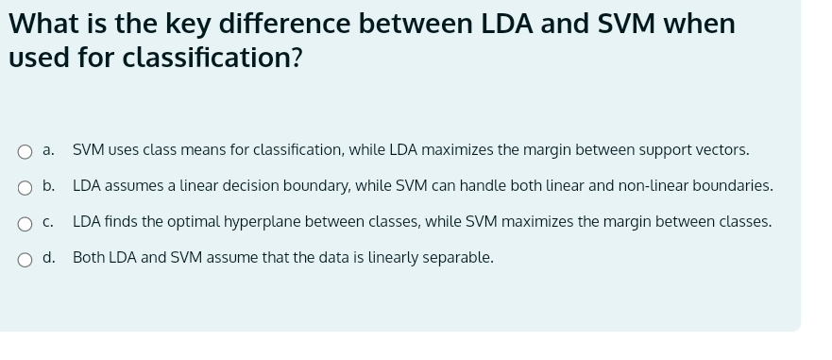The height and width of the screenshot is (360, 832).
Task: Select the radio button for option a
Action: pyautogui.click(x=25, y=151)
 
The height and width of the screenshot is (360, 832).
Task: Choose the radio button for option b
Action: pyautogui.click(x=25, y=187)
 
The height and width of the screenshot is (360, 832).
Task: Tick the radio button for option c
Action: pyautogui.click(x=25, y=223)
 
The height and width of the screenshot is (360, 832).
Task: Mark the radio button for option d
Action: pyautogui.click(x=25, y=259)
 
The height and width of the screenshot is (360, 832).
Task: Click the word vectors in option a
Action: pyautogui.click(x=722, y=150)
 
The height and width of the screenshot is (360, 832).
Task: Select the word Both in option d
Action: pyautogui.click(x=89, y=258)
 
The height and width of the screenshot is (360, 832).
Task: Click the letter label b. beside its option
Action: pyautogui.click(x=48, y=186)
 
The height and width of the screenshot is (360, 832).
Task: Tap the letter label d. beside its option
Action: pyautogui.click(x=48, y=258)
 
